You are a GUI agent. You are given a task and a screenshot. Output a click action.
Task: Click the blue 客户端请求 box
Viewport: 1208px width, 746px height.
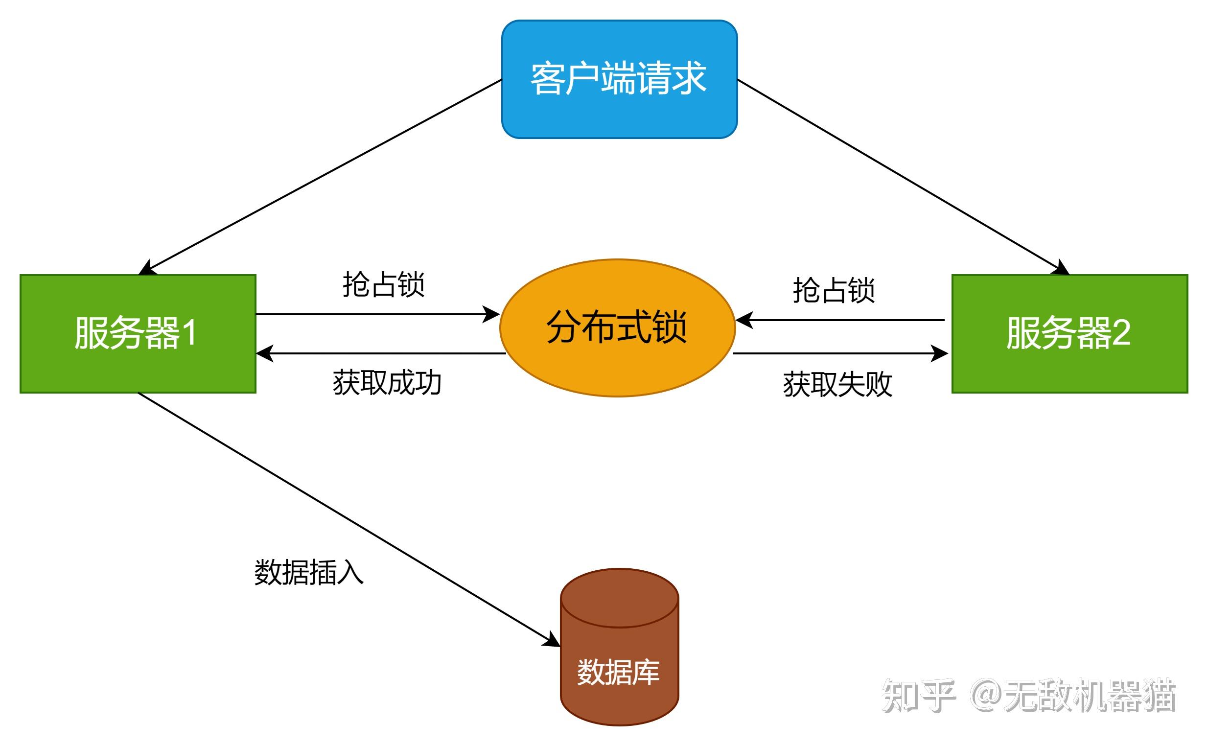(x=619, y=79)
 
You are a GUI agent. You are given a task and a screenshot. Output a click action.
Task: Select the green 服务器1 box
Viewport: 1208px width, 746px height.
(x=138, y=333)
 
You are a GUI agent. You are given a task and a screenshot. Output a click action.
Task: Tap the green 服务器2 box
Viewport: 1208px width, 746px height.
(x=1069, y=333)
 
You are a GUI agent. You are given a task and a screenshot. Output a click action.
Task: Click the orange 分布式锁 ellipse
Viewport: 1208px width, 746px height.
(x=618, y=327)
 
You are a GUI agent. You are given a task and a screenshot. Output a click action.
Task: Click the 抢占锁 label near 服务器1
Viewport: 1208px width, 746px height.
(x=384, y=285)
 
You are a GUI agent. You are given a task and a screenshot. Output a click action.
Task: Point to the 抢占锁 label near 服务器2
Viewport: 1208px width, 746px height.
(x=834, y=290)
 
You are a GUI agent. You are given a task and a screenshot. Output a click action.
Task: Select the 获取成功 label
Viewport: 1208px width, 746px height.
(x=387, y=383)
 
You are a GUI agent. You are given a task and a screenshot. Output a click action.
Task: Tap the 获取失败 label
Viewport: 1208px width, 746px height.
(x=837, y=384)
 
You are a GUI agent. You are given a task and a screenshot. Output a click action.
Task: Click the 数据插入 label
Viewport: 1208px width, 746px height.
(x=309, y=572)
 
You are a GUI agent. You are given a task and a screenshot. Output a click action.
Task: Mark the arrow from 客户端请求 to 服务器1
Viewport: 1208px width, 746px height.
(x=321, y=176)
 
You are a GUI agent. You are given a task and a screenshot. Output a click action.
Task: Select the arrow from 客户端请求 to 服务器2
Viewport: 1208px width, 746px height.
(x=903, y=177)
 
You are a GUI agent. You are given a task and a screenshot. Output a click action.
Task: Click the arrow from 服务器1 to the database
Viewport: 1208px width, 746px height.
(x=345, y=516)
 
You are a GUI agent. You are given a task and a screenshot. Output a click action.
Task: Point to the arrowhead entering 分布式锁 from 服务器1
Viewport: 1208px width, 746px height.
(x=491, y=314)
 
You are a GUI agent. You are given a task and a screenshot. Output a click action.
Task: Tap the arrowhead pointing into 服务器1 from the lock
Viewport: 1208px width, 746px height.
(x=264, y=353)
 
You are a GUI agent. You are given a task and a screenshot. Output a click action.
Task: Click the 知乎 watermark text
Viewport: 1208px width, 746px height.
(x=918, y=696)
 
